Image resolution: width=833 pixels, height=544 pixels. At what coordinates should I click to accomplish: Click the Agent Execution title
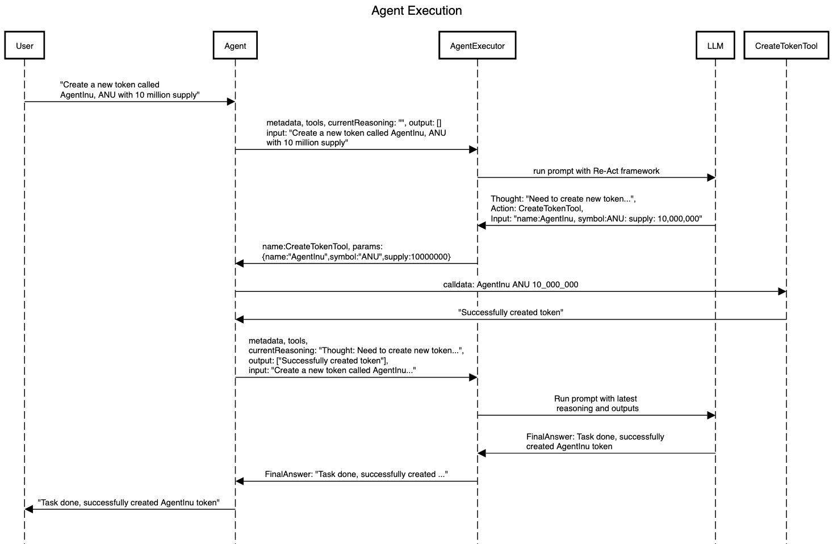[x=417, y=10]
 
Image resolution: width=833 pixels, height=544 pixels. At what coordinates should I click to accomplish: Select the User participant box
[x=24, y=45]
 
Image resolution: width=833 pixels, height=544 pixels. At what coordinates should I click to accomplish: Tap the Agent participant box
[x=235, y=45]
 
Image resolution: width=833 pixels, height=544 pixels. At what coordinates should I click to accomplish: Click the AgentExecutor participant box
[x=477, y=45]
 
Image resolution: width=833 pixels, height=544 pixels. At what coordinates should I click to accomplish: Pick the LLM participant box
[x=715, y=45]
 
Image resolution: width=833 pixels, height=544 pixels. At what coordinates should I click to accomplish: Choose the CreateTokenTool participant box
[x=786, y=45]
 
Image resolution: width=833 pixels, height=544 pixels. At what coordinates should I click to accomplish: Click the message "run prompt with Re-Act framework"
[x=596, y=171]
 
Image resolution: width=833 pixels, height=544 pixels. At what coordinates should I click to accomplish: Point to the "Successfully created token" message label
[x=510, y=312]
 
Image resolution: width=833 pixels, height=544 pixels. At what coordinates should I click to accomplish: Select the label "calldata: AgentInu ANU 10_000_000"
[x=510, y=284]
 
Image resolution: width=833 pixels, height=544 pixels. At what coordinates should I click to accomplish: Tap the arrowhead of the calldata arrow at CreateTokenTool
[x=782, y=291]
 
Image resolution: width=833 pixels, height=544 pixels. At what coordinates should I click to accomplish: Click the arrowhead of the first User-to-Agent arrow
[x=231, y=102]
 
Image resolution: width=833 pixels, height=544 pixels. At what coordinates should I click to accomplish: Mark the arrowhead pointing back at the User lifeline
[x=28, y=509]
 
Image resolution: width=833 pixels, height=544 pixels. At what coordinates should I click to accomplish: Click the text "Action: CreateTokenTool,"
[x=537, y=208]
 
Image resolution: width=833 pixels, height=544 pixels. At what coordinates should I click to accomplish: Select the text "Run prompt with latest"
[x=596, y=399]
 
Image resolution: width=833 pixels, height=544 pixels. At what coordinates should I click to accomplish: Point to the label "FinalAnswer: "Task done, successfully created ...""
[x=356, y=474]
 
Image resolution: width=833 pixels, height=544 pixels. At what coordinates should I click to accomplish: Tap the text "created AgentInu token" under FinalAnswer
[x=569, y=446]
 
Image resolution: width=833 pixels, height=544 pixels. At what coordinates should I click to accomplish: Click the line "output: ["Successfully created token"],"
[x=319, y=361]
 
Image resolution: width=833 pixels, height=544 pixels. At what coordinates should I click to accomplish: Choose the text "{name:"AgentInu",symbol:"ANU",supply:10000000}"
[x=356, y=257]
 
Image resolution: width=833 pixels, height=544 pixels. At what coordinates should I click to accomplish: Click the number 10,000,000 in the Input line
[x=679, y=219]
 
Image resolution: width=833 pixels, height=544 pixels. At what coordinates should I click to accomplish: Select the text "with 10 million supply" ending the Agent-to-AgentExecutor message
[x=307, y=143]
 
